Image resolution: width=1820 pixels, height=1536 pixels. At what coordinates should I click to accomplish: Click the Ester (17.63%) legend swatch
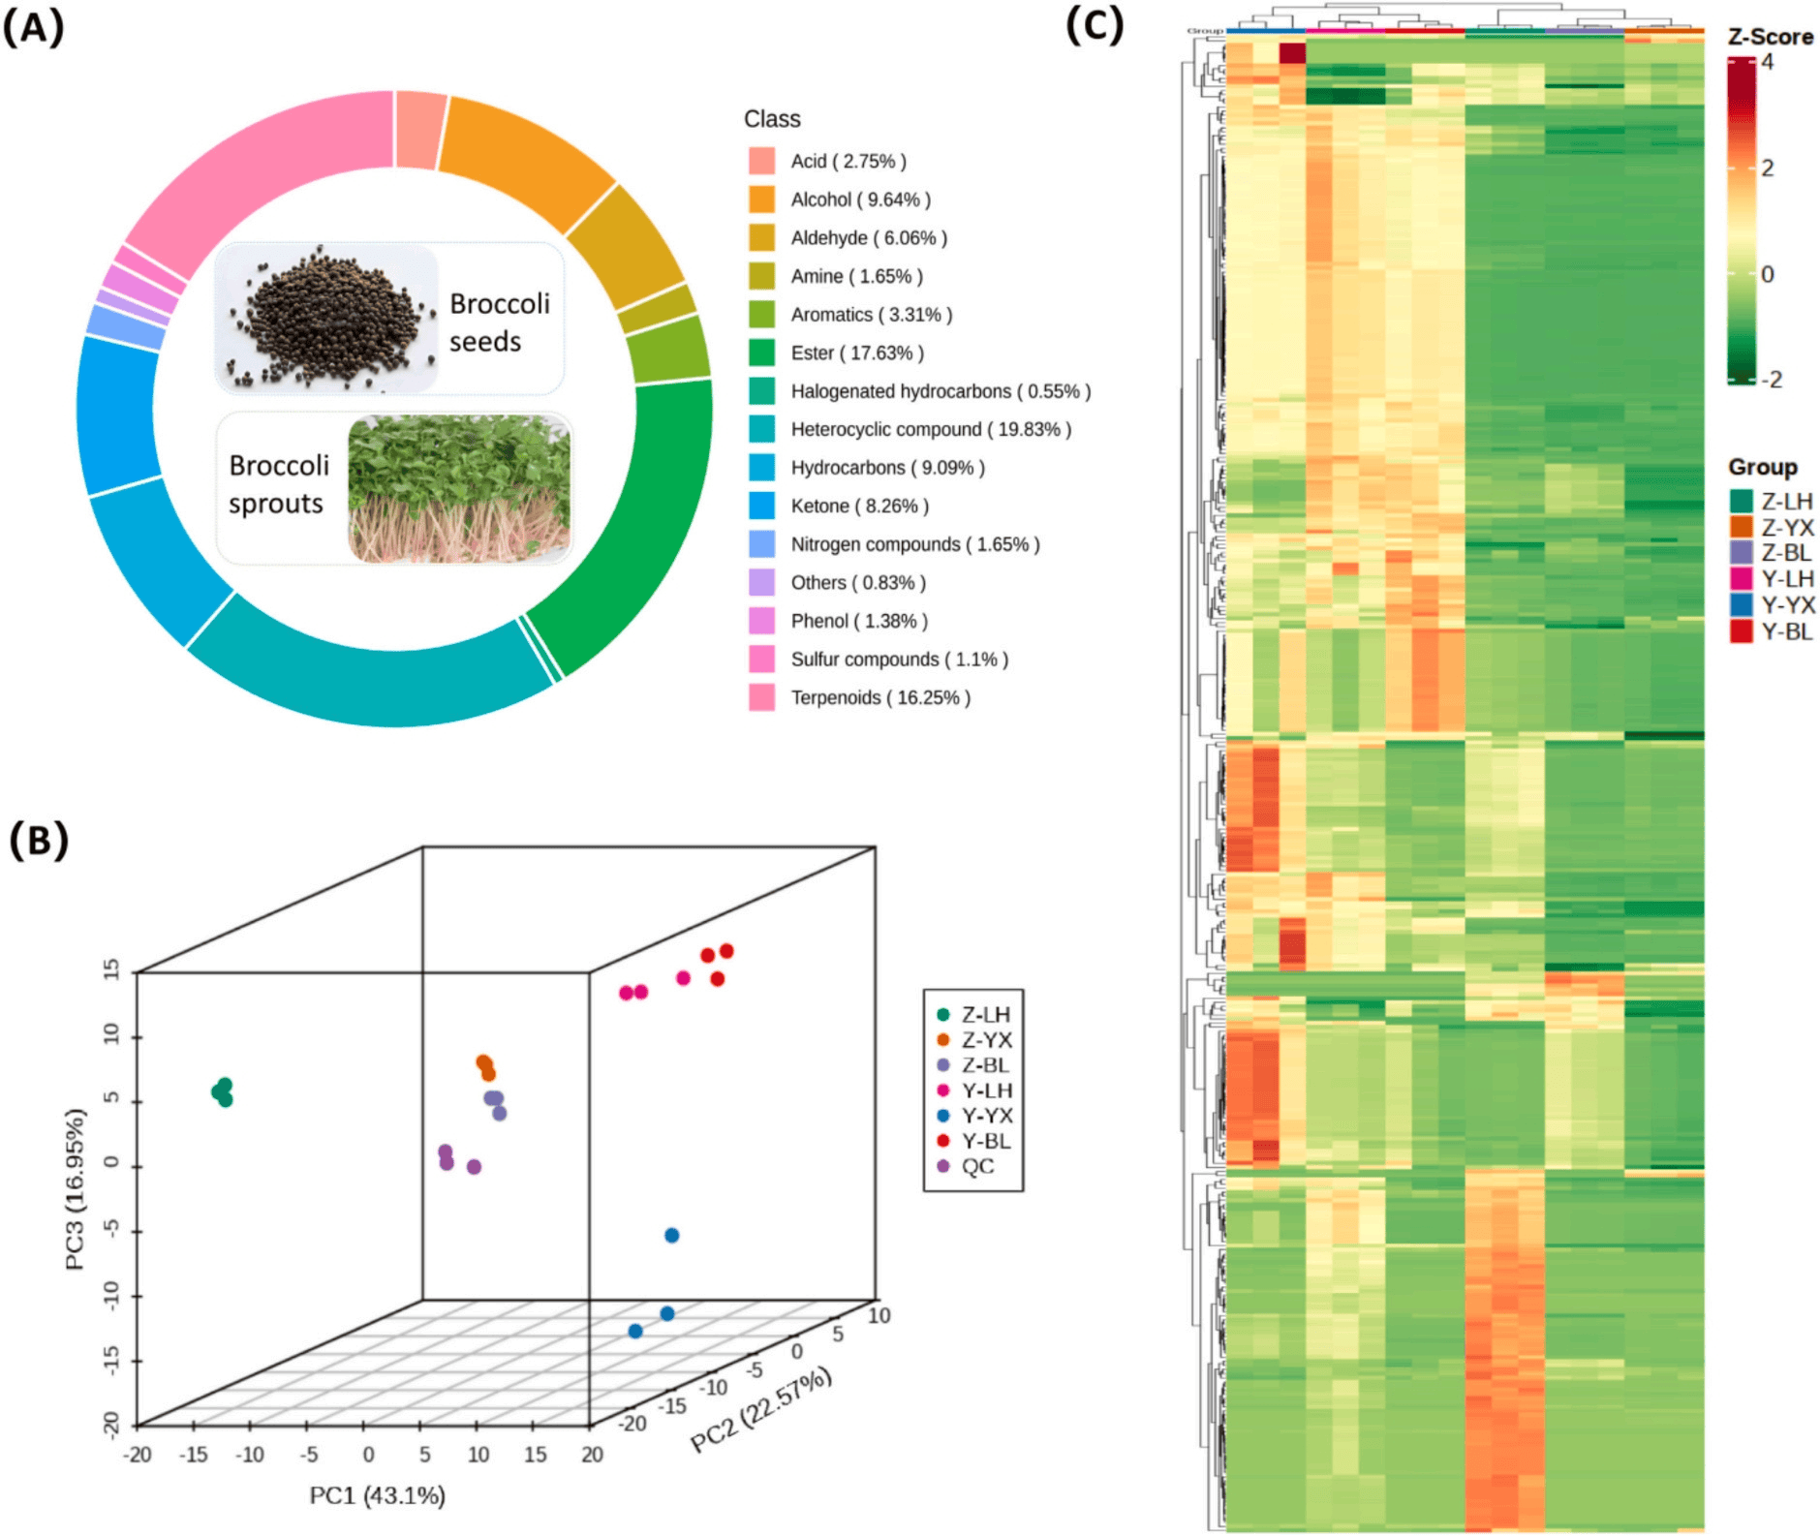click(761, 353)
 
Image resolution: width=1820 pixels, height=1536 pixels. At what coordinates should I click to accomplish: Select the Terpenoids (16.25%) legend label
click(879, 697)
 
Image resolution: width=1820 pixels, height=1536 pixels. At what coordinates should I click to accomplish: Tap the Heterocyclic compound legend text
click(930, 429)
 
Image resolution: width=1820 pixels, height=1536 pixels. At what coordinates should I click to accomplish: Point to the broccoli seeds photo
click(327, 318)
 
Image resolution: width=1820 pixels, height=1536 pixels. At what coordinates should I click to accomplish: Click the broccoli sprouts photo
click(458, 488)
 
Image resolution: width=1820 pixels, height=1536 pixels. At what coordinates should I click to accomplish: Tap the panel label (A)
click(34, 27)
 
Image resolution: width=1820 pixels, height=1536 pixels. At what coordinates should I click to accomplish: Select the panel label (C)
click(1095, 25)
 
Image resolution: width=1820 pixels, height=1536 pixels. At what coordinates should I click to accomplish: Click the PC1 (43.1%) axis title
click(377, 1495)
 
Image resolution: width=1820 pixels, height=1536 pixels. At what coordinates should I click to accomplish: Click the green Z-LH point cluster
click(223, 1091)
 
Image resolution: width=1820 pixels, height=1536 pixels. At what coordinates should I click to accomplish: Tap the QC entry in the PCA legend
click(976, 1166)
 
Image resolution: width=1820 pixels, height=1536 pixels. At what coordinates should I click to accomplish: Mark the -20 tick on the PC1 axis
click(138, 1454)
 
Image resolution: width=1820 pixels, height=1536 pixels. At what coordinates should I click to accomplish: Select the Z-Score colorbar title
click(1770, 37)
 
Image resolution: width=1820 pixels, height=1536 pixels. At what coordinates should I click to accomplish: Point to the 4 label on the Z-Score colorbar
click(1767, 62)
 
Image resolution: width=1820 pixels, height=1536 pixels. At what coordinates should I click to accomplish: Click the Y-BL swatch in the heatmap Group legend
click(1741, 631)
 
